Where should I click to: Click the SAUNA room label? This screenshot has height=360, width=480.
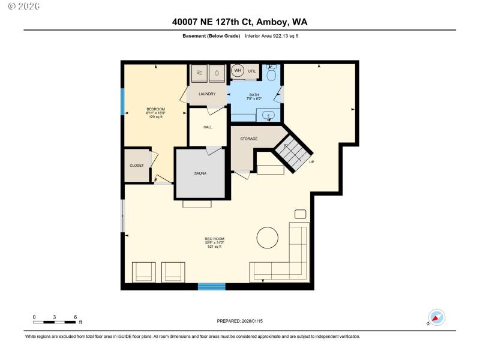(200, 173)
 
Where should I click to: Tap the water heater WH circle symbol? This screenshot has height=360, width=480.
(238, 71)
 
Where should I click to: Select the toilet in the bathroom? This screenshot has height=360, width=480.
(271, 73)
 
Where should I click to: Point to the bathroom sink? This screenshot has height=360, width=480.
(269, 115)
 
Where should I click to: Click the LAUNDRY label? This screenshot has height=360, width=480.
(207, 94)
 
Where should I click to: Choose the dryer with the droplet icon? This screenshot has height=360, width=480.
(217, 73)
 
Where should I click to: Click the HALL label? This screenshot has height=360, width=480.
(208, 127)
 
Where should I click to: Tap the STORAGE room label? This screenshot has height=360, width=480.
(249, 139)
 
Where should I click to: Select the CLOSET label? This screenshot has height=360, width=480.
(137, 166)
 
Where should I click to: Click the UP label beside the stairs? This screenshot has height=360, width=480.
(311, 162)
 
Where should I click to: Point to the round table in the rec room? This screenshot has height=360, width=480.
(268, 238)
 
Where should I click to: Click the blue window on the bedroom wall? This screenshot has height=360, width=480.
(123, 102)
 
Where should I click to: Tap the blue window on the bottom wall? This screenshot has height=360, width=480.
(211, 287)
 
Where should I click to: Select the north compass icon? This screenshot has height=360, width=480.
(436, 317)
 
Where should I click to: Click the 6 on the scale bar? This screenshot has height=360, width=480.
(75, 317)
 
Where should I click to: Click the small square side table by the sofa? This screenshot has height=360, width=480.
(300, 214)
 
